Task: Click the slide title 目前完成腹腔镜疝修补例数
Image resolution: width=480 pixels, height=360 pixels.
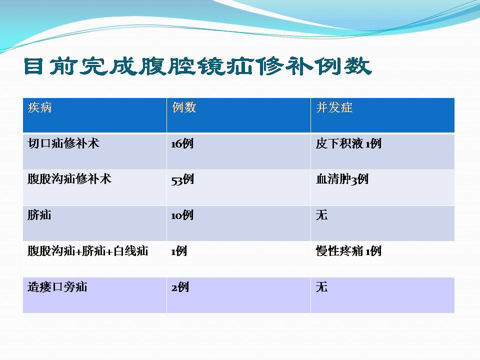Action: (198, 66)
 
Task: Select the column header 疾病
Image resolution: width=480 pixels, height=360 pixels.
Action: (40, 107)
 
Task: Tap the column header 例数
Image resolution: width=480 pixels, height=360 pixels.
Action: (183, 107)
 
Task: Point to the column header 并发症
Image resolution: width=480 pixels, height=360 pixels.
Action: (334, 107)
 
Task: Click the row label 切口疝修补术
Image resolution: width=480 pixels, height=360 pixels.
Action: (63, 143)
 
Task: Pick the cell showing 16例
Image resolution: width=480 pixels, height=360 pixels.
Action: (182, 143)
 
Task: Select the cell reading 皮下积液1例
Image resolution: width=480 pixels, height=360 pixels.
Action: (348, 143)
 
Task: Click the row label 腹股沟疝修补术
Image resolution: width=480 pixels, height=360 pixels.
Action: (69, 179)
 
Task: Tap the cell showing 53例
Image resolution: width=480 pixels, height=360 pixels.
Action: (182, 179)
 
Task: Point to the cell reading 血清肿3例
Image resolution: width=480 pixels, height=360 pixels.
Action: (342, 179)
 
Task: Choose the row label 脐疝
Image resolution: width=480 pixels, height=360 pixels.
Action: (39, 215)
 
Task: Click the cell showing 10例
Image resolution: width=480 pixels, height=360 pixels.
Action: (182, 215)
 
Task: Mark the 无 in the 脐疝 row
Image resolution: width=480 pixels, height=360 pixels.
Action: (321, 215)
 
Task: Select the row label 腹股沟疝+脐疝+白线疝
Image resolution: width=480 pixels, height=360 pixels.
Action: (88, 251)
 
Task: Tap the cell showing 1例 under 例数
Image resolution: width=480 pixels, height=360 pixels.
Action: (179, 251)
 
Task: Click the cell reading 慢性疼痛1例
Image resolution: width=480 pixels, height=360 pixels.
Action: (348, 251)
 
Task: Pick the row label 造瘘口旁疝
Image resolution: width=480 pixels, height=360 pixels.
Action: (57, 287)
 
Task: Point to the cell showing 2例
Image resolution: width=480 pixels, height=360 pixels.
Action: (180, 287)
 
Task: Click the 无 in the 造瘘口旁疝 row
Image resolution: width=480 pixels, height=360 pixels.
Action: (321, 287)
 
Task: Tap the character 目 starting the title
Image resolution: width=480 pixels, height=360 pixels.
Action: (33, 66)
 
